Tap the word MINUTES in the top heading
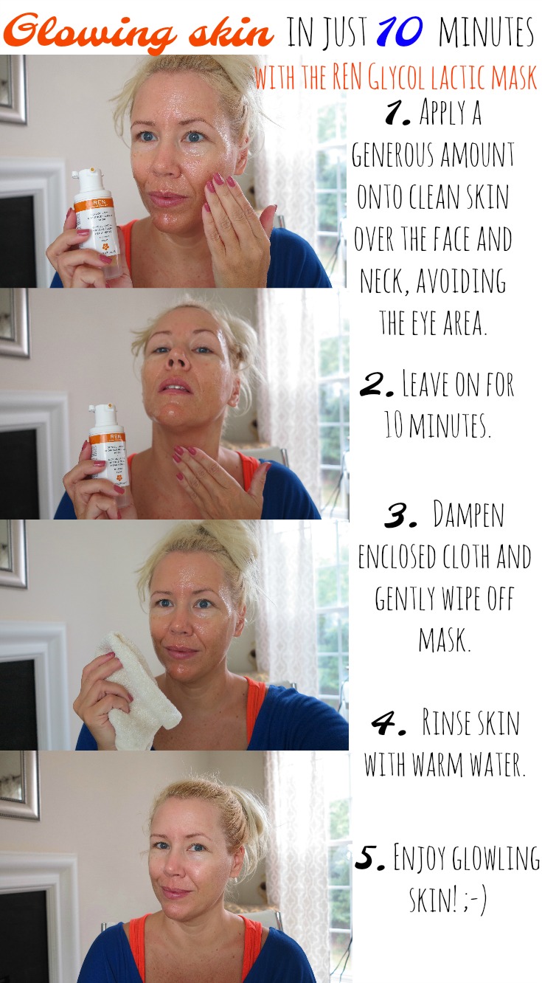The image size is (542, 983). coord(486,32)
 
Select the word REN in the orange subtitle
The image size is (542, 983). coord(347,77)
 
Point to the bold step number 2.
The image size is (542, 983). coord(376,386)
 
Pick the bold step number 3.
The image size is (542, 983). coord(400,515)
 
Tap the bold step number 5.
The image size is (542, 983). coord(369,857)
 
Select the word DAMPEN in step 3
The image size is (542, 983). coord(468,514)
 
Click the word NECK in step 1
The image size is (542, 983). coord(385,281)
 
